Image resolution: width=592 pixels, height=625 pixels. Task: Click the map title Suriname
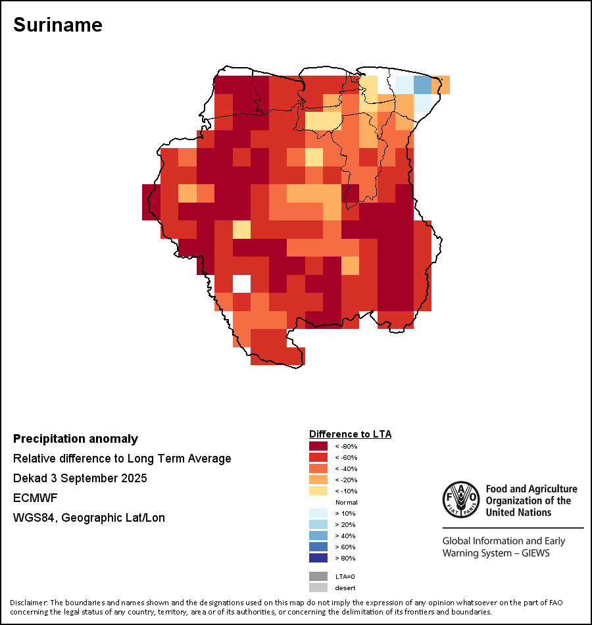(58, 25)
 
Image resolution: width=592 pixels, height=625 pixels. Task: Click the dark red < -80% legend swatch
(318, 447)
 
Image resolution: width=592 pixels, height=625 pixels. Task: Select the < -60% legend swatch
(318, 458)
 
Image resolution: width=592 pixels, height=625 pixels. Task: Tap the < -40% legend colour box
(318, 469)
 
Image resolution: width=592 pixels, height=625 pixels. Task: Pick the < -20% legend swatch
(318, 480)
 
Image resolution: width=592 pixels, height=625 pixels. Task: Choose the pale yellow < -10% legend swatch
(318, 491)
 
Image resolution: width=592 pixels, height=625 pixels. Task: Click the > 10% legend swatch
(318, 514)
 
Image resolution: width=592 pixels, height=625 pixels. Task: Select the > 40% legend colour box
(318, 536)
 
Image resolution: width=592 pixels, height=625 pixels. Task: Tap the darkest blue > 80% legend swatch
(318, 559)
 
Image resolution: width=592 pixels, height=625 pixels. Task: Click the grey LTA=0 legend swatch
(318, 576)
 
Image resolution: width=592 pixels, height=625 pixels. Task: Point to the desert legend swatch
(318, 587)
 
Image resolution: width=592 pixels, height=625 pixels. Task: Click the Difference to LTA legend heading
(350, 434)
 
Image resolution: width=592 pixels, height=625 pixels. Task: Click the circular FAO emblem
(460, 499)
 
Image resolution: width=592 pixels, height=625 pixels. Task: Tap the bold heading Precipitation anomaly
(76, 439)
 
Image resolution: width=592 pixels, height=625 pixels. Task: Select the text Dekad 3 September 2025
(80, 478)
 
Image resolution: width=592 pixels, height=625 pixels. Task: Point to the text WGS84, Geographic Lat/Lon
(89, 518)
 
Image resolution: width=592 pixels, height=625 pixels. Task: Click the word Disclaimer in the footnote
(28, 603)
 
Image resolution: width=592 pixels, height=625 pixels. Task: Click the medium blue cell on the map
(422, 85)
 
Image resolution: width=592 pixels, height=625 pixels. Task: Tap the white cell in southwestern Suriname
(242, 284)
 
